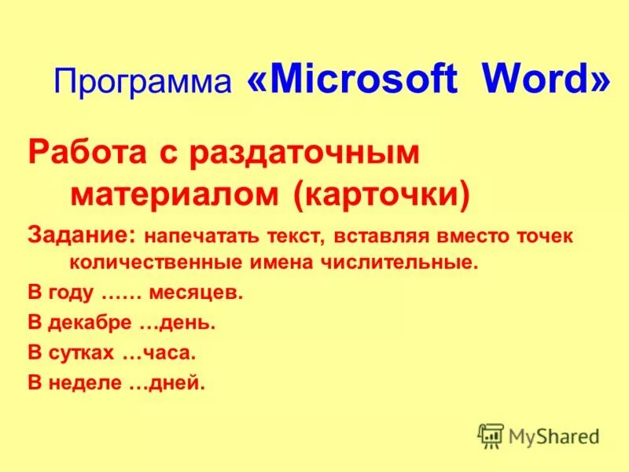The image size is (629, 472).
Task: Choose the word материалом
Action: point(178,194)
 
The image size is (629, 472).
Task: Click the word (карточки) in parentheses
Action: point(382,194)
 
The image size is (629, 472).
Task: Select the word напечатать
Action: point(193,235)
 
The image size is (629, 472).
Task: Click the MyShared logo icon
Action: point(491,435)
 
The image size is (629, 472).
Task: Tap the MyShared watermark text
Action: point(554,435)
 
